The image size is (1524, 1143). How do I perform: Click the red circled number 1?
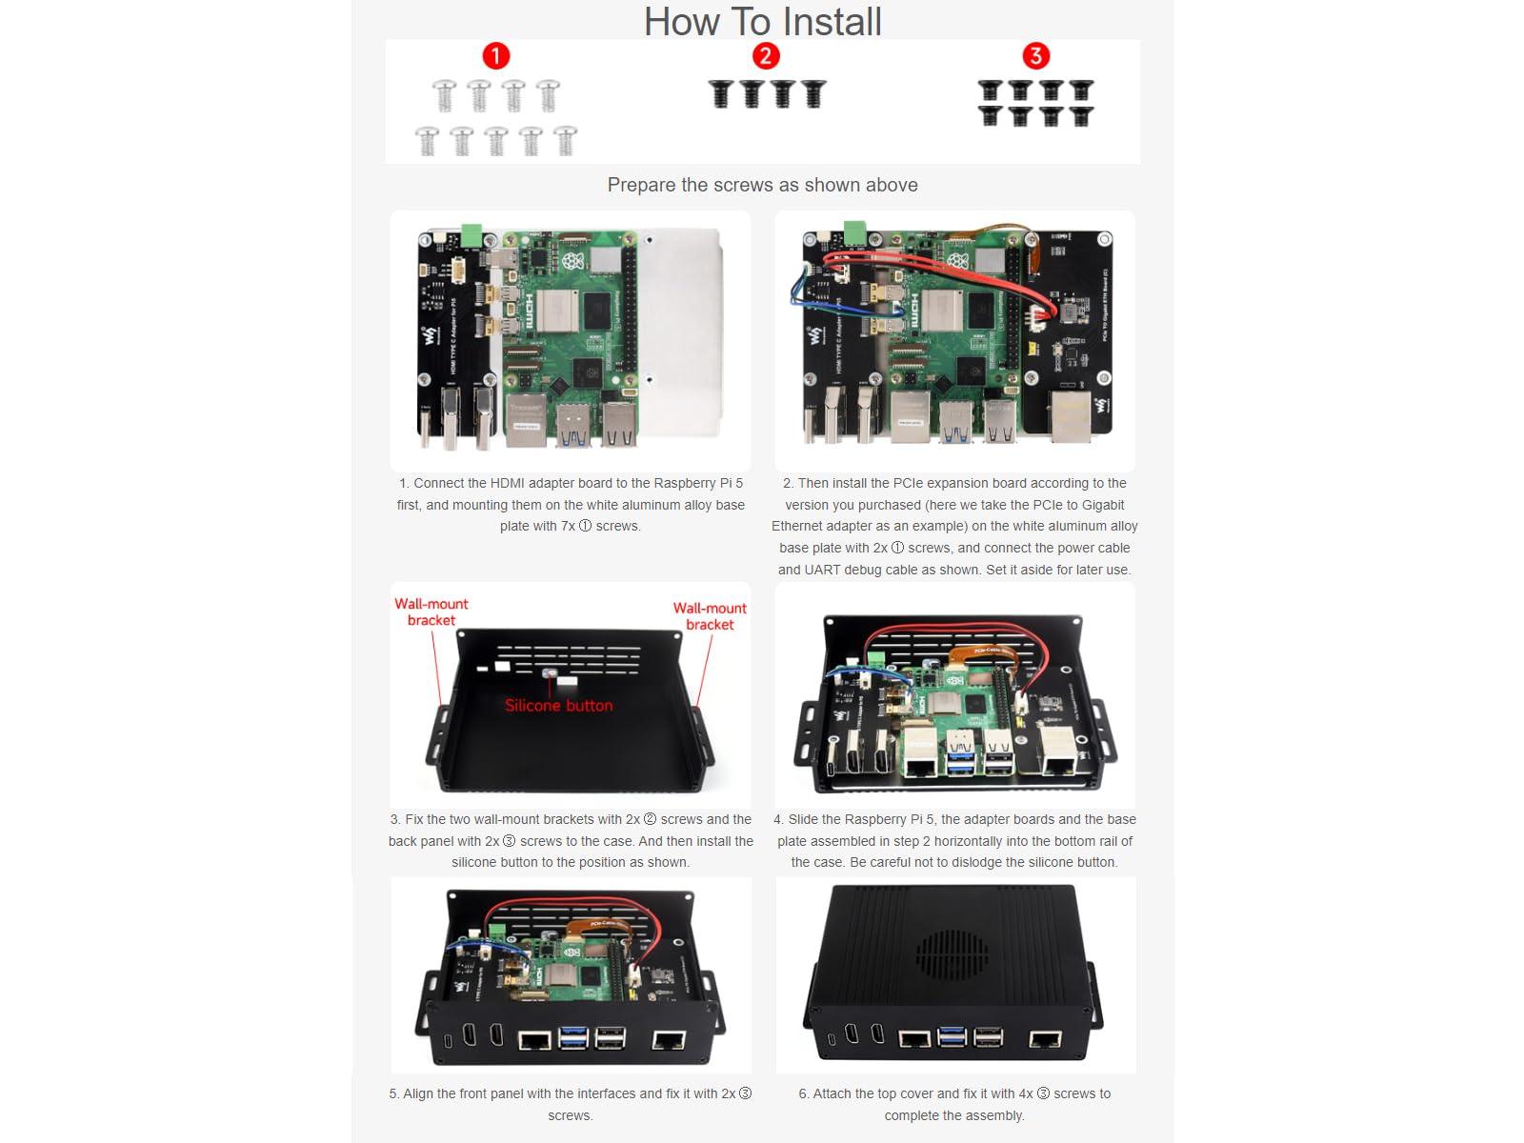(x=495, y=56)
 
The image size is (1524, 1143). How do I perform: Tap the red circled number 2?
(x=766, y=56)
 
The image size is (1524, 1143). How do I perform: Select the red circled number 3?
(x=1035, y=56)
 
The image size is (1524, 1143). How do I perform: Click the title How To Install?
(x=762, y=22)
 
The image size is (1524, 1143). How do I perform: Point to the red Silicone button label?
(x=558, y=706)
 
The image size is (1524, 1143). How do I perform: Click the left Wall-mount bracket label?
(x=431, y=612)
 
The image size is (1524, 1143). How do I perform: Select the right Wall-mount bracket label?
(x=710, y=616)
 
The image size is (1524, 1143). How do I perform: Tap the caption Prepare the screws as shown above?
(x=762, y=185)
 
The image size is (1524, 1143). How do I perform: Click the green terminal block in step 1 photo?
(x=471, y=235)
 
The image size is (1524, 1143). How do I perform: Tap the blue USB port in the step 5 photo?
(x=574, y=1038)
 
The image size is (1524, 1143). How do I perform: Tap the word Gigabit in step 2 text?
(x=1103, y=505)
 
